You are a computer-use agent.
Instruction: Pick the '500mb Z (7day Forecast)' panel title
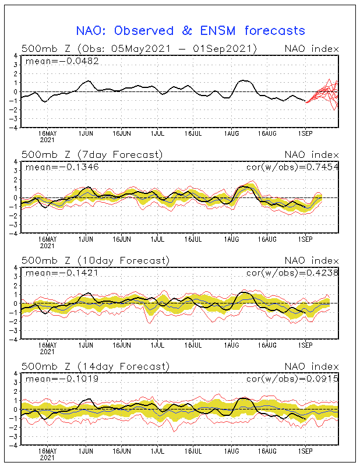(x=92, y=154)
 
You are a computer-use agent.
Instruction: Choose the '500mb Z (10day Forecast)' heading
(x=95, y=260)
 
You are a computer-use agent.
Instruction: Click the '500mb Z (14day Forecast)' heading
(x=95, y=366)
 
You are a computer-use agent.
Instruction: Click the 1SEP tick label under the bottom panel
(x=305, y=451)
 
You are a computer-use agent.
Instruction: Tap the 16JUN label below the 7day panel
(x=121, y=239)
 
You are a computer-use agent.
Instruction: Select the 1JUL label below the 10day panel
(x=157, y=345)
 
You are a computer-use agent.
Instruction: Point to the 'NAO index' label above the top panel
(x=310, y=48)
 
